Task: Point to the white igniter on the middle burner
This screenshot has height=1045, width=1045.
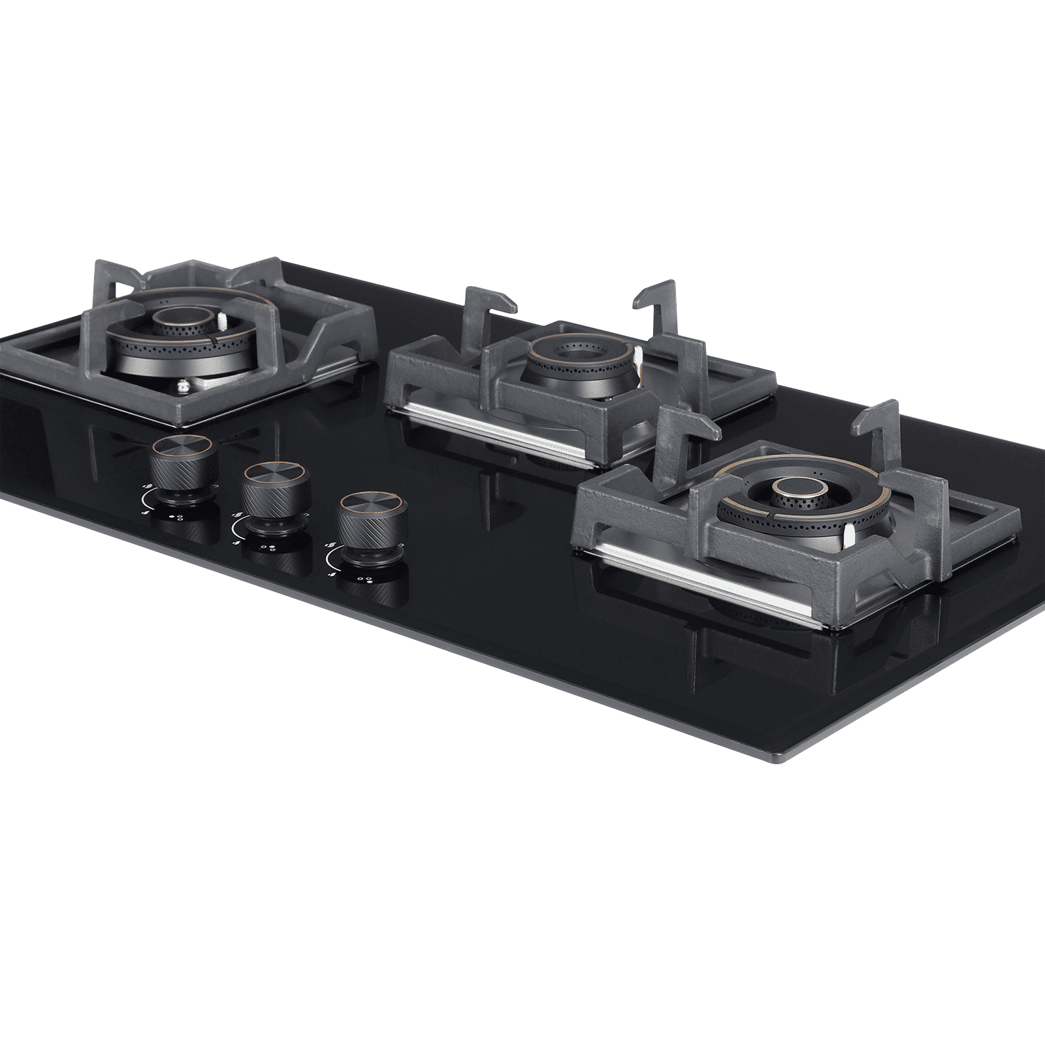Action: click(637, 355)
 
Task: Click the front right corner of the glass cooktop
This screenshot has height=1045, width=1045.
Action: click(781, 759)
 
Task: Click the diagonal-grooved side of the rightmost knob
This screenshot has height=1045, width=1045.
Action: click(371, 536)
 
